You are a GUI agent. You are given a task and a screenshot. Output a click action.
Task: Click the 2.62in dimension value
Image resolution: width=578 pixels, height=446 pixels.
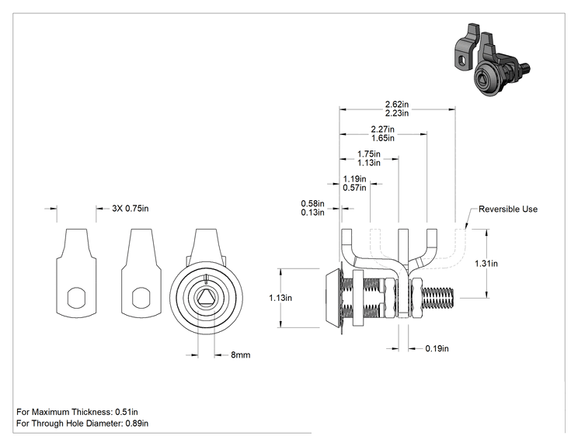(397, 105)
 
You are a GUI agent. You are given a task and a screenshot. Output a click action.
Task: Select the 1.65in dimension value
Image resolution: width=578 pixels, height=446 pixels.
(383, 138)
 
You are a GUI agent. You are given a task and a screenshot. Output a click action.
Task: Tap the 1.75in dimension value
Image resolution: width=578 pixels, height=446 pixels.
(368, 154)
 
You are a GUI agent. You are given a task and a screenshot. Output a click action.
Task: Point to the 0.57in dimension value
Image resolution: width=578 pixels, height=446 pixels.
(354, 188)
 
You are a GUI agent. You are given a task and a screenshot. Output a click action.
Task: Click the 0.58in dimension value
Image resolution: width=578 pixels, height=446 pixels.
(312, 203)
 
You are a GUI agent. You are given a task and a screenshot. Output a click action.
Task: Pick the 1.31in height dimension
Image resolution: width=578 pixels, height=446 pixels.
(486, 264)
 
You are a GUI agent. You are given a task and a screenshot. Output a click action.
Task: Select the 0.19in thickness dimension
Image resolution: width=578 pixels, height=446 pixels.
(437, 348)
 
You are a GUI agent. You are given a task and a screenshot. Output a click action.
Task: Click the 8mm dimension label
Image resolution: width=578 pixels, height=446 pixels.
(241, 355)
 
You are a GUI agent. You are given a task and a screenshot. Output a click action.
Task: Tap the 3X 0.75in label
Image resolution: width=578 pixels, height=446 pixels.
(131, 209)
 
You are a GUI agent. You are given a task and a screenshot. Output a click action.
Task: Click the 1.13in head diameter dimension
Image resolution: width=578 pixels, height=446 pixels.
(280, 298)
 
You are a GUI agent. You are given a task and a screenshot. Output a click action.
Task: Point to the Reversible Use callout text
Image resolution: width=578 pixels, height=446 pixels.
(508, 209)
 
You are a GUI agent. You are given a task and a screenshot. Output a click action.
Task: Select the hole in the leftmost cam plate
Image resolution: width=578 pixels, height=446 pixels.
(77, 297)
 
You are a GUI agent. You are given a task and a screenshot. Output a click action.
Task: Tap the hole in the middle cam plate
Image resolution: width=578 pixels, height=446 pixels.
(141, 297)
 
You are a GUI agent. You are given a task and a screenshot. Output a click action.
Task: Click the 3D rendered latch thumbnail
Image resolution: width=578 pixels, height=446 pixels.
(491, 61)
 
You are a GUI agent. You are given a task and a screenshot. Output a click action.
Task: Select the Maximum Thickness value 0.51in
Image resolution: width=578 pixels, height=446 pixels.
(127, 412)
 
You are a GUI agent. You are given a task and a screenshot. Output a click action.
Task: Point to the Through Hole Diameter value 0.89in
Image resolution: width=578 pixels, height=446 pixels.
(137, 424)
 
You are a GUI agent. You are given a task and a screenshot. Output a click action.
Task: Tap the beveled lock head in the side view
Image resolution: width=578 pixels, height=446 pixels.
(333, 298)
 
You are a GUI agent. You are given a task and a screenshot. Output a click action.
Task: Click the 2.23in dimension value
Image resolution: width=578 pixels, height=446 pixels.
(397, 113)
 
